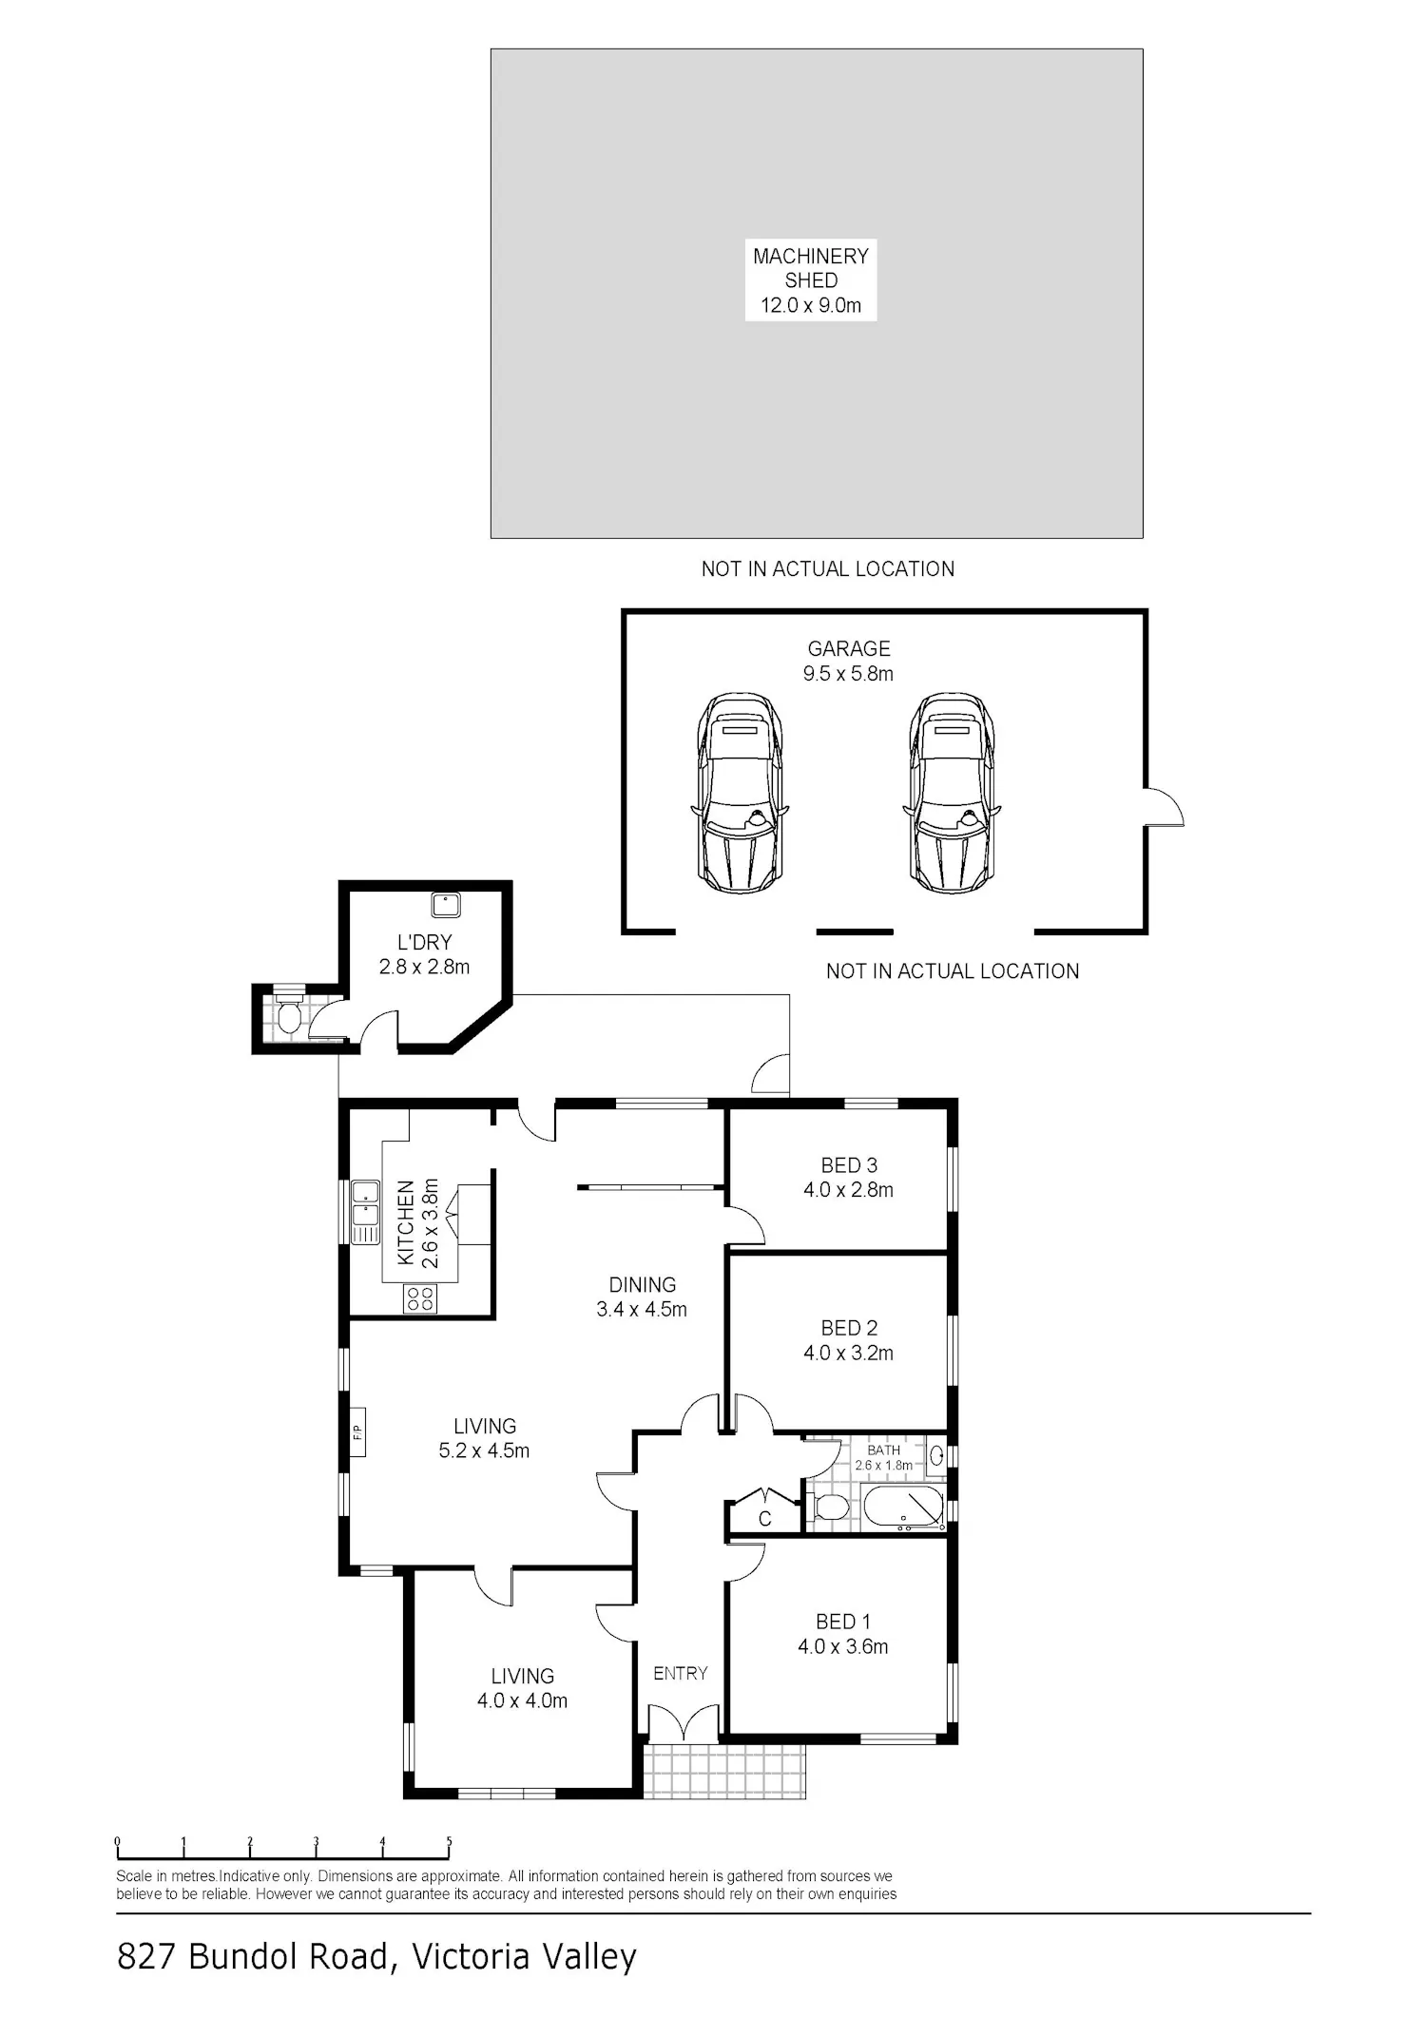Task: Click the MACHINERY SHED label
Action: click(x=811, y=280)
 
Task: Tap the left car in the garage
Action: click(x=739, y=793)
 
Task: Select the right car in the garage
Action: click(x=952, y=793)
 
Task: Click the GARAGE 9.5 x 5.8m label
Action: click(x=849, y=661)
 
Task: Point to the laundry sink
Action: click(x=446, y=904)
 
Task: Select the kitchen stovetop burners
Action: click(x=419, y=1298)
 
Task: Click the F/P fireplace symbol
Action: click(x=357, y=1431)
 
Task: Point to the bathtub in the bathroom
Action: click(x=903, y=1508)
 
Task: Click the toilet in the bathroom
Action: click(x=827, y=1508)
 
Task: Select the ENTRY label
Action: click(x=681, y=1673)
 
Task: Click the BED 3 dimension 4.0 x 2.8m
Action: click(x=849, y=1190)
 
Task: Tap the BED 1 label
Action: click(x=843, y=1622)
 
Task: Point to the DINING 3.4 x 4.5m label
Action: click(x=642, y=1297)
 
